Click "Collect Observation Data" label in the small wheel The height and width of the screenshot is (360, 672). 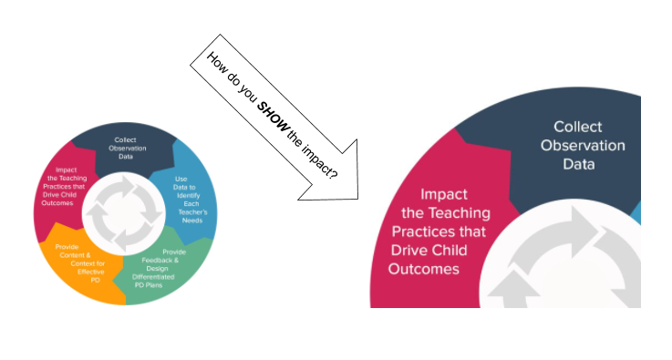pyautogui.click(x=126, y=148)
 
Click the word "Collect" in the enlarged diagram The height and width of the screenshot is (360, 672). pyautogui.click(x=578, y=127)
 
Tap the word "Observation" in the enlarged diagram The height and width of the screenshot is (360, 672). pyautogui.click(x=583, y=146)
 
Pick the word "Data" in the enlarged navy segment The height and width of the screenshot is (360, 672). pyautogui.click(x=578, y=165)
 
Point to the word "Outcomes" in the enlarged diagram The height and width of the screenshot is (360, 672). pyautogui.click(x=424, y=269)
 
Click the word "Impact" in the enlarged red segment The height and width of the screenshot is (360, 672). pyautogui.click(x=443, y=194)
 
